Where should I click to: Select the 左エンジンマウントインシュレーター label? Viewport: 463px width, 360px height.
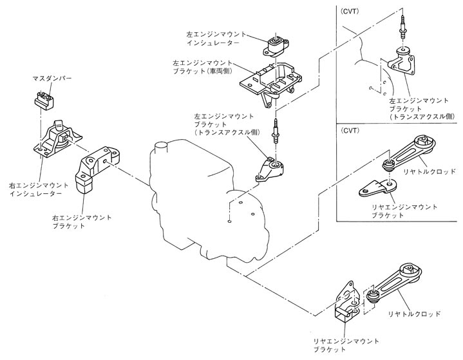(213, 36)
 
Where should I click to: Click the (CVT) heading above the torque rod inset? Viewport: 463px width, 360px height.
(351, 130)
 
